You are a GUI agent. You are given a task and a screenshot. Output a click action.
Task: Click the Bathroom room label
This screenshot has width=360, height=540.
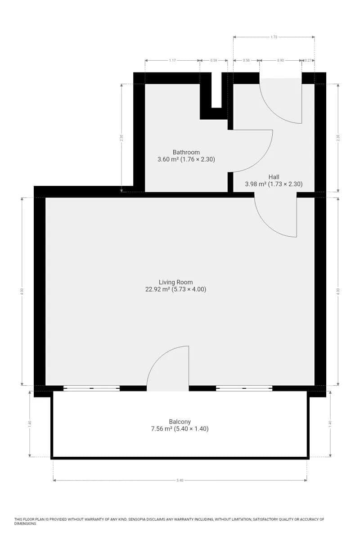click(186, 152)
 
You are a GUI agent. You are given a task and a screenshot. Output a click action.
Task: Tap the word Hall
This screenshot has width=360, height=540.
click(274, 177)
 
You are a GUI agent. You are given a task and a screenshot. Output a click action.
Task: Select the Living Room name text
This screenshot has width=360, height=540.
click(175, 283)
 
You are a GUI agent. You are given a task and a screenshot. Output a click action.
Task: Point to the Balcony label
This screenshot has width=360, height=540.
click(180, 422)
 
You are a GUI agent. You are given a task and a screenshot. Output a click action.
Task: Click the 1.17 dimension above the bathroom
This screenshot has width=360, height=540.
click(172, 60)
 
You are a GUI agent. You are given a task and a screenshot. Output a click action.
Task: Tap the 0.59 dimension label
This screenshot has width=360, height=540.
click(214, 60)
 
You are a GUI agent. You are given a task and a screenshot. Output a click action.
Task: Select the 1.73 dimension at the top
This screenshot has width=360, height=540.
click(274, 37)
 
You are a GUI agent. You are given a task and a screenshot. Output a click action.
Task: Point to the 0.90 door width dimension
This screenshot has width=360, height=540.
click(280, 60)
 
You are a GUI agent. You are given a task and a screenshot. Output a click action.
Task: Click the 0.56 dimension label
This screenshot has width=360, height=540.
click(246, 60)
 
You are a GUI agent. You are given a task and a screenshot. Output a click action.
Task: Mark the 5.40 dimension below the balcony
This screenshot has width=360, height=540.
click(180, 481)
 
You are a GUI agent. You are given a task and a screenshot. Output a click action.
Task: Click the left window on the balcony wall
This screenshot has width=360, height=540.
click(91, 388)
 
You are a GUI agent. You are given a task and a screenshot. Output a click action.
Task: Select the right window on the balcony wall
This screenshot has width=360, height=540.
click(244, 388)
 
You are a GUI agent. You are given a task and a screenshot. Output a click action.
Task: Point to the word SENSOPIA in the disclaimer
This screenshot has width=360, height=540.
click(141, 519)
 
